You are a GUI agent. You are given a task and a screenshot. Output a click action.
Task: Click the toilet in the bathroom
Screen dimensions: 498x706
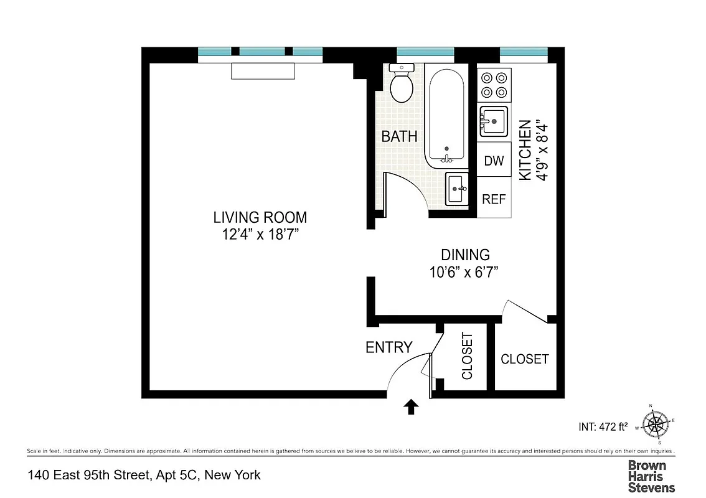(402, 84)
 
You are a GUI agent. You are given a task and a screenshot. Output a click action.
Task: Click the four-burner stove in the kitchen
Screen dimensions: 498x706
(494, 85)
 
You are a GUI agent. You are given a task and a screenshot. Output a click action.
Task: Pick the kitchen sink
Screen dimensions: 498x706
(494, 121)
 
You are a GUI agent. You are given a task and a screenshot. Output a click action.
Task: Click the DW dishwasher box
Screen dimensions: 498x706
(494, 161)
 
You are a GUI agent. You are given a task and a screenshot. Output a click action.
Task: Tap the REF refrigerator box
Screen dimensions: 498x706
(494, 199)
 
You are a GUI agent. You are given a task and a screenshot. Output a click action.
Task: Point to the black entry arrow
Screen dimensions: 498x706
(411, 407)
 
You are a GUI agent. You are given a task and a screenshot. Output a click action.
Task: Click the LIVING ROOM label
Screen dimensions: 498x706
(260, 217)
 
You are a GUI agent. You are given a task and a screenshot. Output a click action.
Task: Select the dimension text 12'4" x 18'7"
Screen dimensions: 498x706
(260, 235)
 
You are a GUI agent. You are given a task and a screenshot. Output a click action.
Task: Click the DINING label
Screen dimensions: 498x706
(465, 255)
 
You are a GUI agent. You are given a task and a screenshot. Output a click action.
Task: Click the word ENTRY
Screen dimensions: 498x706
(388, 347)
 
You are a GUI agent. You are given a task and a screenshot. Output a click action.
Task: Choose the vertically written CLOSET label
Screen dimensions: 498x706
(467, 356)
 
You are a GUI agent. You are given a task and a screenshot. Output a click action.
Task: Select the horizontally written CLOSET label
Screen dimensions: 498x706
(524, 359)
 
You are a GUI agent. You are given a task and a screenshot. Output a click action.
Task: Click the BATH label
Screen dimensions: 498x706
(399, 136)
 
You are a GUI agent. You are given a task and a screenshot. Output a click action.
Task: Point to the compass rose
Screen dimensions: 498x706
(655, 425)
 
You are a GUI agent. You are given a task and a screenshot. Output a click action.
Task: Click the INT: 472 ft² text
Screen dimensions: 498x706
(603, 427)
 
